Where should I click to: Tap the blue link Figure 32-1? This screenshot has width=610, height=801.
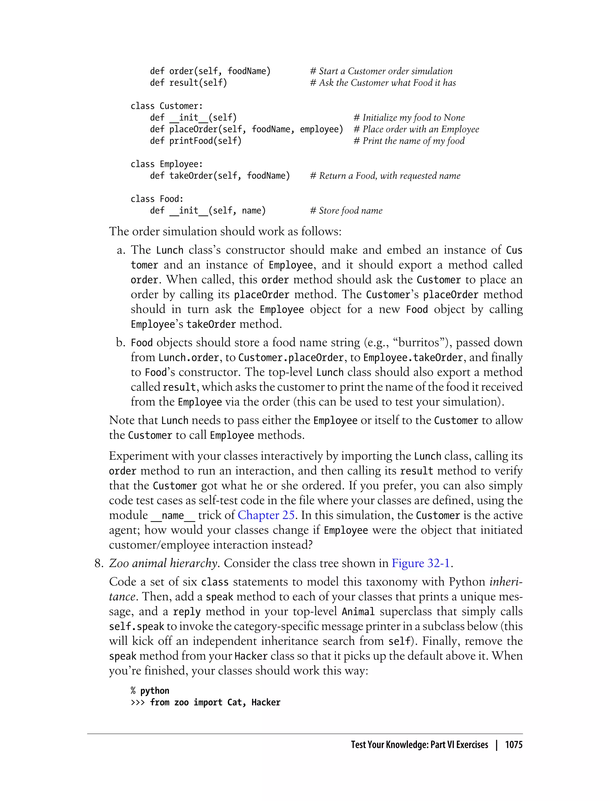point(421,564)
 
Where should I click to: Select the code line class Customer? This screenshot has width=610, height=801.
point(167,106)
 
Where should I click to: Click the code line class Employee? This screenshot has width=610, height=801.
point(167,164)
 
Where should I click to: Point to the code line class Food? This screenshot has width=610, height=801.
point(157,199)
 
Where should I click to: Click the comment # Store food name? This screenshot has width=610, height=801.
point(346,211)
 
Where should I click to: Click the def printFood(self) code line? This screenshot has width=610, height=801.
point(196,141)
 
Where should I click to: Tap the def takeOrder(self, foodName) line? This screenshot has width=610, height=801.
point(220,176)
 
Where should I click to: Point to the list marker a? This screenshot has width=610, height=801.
point(121,250)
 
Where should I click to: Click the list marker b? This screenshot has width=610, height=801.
point(121,343)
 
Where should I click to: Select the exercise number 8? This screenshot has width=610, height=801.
point(99,564)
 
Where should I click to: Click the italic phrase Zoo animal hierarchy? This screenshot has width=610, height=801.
point(164,564)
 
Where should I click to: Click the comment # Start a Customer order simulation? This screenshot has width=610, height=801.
point(381,71)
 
